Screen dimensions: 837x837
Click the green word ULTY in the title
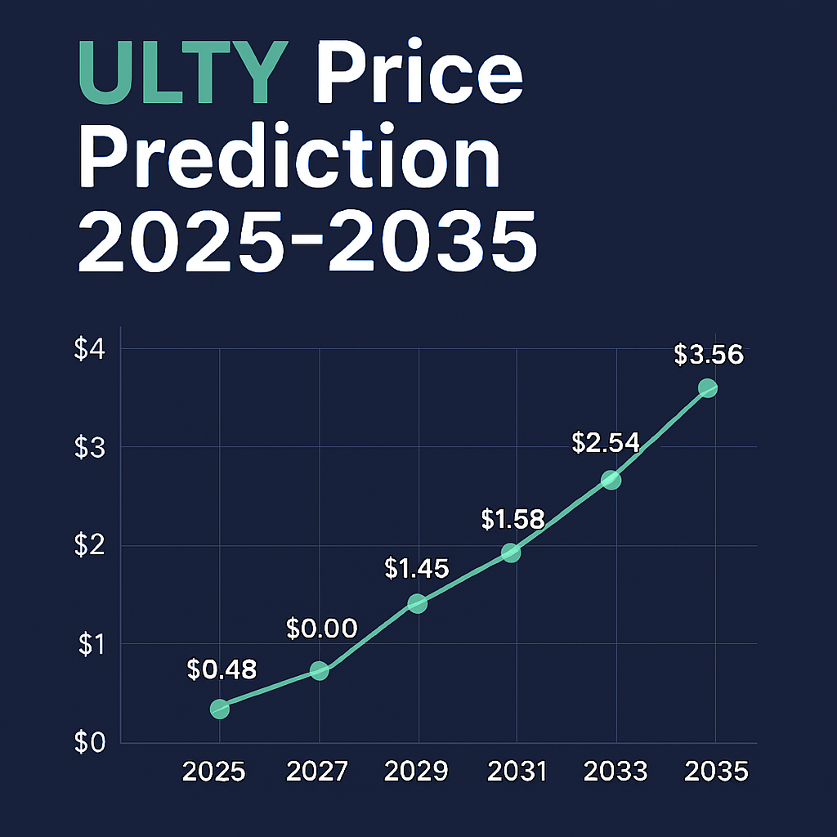click(x=185, y=75)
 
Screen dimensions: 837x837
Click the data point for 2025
click(x=219, y=709)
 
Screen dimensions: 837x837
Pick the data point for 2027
click(x=320, y=671)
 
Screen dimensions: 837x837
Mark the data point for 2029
click(x=417, y=603)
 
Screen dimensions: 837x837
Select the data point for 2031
click(x=511, y=553)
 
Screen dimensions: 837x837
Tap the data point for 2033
click(x=611, y=480)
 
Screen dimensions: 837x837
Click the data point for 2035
click(x=708, y=387)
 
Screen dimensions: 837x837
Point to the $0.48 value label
click(x=222, y=670)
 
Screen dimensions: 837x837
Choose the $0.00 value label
click(x=322, y=629)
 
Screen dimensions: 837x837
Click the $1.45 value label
click(x=416, y=568)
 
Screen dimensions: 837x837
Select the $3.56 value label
click(x=709, y=355)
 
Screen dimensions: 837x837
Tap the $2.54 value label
click(x=605, y=444)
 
